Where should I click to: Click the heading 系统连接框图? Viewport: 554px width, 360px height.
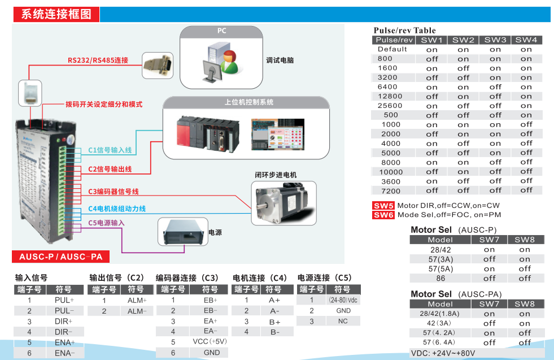56,15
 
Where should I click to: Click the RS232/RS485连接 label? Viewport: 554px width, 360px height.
98,60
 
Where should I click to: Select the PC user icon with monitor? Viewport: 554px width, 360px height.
221,60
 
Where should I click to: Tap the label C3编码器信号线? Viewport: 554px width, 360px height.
114,192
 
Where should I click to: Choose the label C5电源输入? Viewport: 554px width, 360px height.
106,223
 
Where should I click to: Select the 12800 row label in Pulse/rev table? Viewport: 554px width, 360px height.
390,97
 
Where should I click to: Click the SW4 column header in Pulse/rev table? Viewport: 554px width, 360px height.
526,40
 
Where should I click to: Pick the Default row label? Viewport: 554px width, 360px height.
392,49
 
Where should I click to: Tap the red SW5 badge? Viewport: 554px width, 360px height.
383,206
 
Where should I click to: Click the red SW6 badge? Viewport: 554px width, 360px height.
383,215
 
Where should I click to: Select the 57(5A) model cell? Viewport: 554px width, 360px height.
440,268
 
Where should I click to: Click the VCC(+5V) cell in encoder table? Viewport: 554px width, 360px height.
210,341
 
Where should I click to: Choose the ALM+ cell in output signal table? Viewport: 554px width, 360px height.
137,300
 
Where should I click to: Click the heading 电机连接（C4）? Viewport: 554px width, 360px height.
260,278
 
